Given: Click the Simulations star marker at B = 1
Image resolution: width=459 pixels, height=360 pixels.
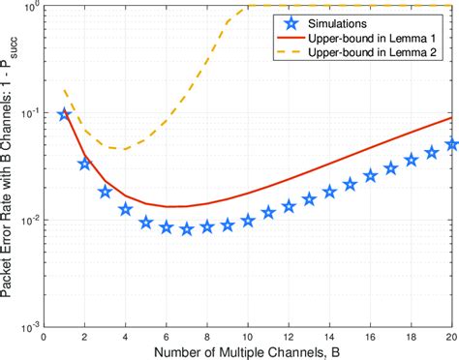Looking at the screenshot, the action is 64,114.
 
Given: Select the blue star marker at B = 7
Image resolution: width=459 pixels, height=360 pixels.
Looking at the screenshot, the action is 187,229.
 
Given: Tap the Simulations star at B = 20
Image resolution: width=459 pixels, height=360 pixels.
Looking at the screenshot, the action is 452,144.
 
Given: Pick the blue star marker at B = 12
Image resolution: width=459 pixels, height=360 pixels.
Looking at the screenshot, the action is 289,206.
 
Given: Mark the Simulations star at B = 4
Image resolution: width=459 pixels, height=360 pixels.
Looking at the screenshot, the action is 126,210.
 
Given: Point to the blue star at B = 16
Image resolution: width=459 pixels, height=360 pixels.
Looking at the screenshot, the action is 371,176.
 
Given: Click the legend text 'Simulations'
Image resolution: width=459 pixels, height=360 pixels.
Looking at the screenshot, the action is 337,24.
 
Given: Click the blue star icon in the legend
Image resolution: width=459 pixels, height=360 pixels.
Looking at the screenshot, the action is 291,24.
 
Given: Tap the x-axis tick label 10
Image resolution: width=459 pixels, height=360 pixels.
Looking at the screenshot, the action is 248,338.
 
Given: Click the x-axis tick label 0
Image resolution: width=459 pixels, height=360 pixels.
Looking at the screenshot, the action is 44,338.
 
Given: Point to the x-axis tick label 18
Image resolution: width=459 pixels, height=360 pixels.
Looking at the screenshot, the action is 411,338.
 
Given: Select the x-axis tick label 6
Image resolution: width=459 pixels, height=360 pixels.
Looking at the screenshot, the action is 167,338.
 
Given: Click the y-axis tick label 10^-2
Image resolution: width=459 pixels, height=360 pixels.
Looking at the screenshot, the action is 31,220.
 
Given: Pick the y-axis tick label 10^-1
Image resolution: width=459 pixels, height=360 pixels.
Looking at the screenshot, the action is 31,113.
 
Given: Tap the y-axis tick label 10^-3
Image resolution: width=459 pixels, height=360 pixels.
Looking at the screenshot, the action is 31,327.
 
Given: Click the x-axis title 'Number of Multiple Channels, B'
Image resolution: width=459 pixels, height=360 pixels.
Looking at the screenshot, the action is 247,352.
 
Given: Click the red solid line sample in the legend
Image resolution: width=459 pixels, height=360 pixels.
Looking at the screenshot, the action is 291,38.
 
